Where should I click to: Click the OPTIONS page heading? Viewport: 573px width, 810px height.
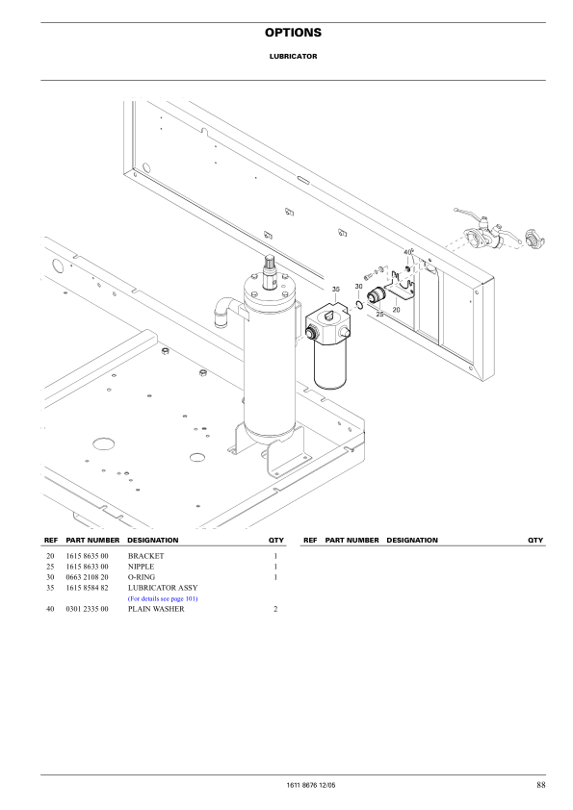click(293, 33)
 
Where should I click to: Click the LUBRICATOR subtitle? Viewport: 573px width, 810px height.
click(293, 57)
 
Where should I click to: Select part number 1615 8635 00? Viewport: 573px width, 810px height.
click(87, 557)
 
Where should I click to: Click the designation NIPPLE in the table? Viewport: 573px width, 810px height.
click(141, 568)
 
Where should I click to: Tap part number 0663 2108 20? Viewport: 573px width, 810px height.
click(87, 577)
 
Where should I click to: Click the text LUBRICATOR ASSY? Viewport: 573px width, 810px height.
click(163, 588)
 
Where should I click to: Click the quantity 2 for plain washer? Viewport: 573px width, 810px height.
click(275, 609)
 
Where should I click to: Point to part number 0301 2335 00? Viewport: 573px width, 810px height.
click(87, 609)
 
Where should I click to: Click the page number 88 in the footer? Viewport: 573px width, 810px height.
click(541, 785)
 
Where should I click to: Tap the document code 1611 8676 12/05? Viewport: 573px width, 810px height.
click(305, 786)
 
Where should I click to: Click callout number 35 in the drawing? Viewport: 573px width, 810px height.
click(336, 289)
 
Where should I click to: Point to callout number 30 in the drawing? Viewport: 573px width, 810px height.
click(358, 287)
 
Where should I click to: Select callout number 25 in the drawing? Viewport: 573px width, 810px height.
click(379, 314)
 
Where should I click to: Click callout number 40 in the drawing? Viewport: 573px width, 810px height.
click(407, 252)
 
